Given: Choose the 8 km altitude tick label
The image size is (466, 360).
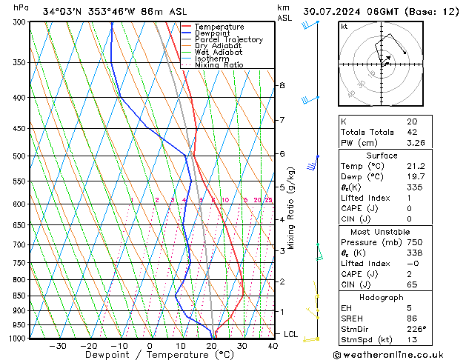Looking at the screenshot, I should (x=282, y=85).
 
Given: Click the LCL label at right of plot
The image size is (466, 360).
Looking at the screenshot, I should (x=290, y=334).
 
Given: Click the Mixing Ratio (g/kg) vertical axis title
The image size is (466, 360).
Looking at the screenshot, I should (x=292, y=207).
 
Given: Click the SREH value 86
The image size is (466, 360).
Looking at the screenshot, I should (x=411, y=319).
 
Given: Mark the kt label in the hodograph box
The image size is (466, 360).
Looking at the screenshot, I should (x=344, y=27).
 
